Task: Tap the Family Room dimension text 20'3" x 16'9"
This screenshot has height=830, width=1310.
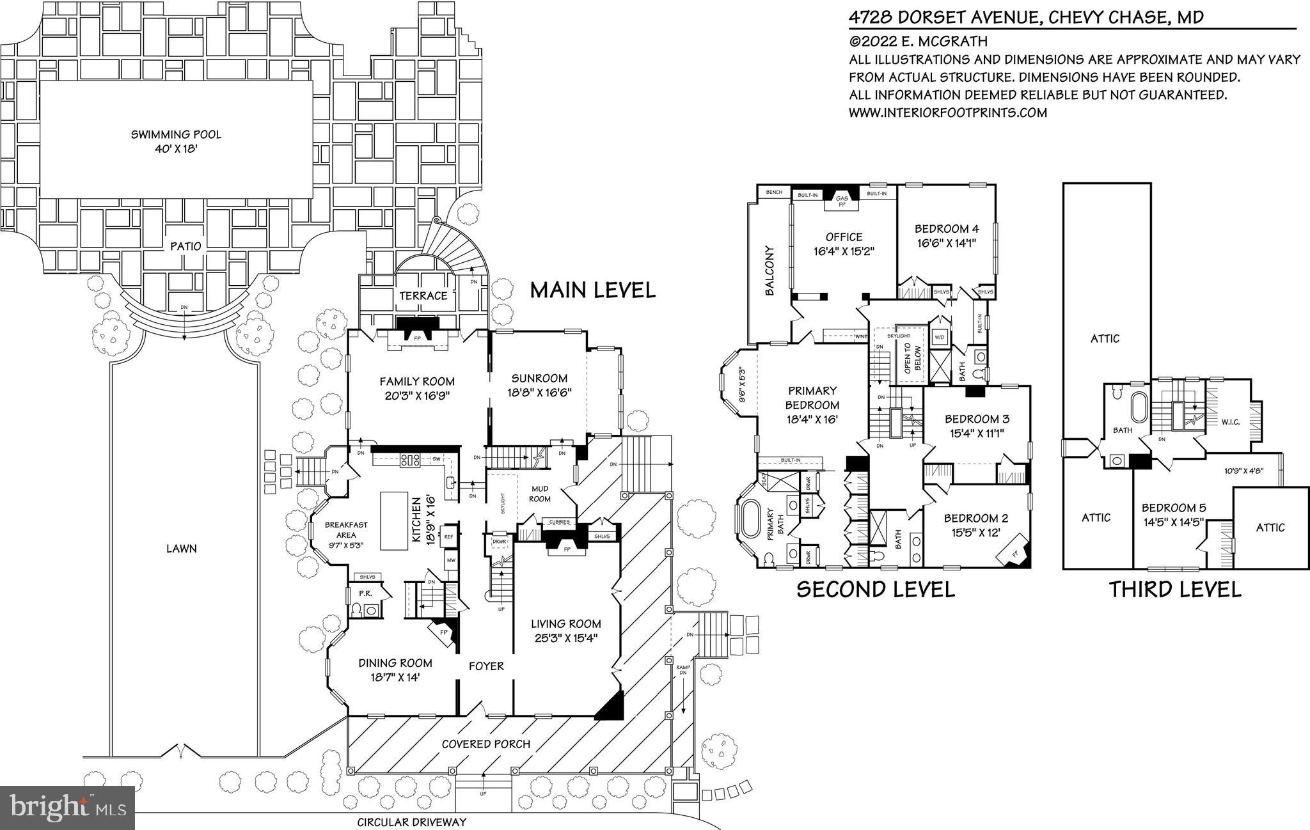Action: point(416,396)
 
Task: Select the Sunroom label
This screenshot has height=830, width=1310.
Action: point(539,378)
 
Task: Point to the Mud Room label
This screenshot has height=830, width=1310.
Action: point(541,494)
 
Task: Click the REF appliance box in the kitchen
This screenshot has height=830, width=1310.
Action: point(448,537)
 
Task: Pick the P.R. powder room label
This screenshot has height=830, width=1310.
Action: point(365,593)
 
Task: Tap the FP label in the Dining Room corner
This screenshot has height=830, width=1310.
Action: point(444,632)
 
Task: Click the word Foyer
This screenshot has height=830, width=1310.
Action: point(486,666)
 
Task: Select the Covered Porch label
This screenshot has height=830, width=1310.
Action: point(486,744)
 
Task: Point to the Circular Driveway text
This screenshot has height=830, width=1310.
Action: point(411,822)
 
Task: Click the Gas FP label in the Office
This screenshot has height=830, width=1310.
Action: point(842,201)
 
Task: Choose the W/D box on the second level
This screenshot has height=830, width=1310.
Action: point(940,336)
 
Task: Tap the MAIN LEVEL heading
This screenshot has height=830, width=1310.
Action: point(593,290)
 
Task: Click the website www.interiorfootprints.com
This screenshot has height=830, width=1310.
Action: point(948,113)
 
